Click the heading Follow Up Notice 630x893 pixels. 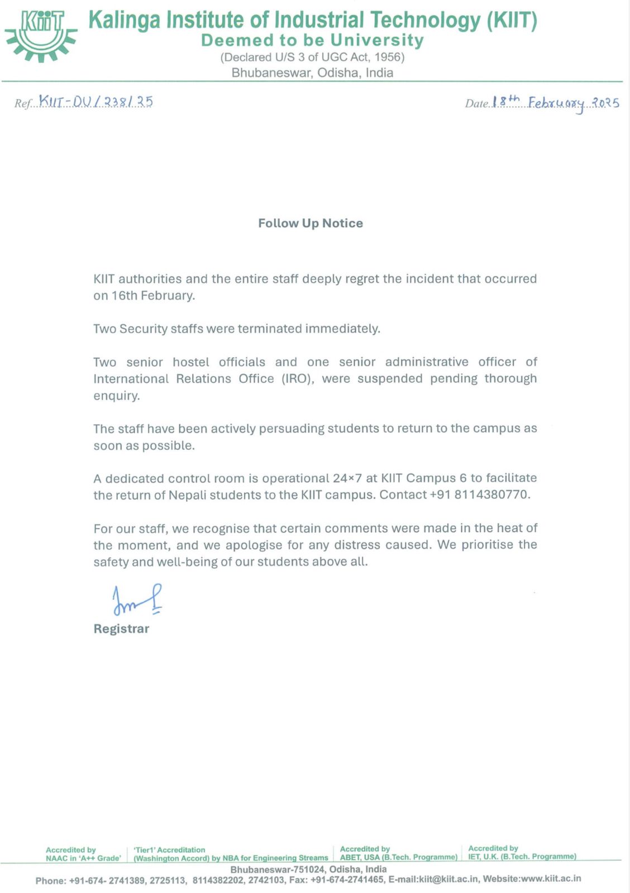(x=311, y=223)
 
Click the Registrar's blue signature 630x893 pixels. (x=137, y=600)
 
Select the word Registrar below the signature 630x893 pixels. (x=121, y=629)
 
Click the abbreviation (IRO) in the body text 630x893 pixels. (x=296, y=379)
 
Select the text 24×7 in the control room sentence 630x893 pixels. (x=347, y=478)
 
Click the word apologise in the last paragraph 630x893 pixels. (x=254, y=545)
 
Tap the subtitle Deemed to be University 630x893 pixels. (x=312, y=40)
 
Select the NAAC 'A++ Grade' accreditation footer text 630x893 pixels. (x=83, y=858)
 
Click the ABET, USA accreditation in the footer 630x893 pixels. (x=399, y=857)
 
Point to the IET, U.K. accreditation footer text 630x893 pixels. (x=522, y=856)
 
